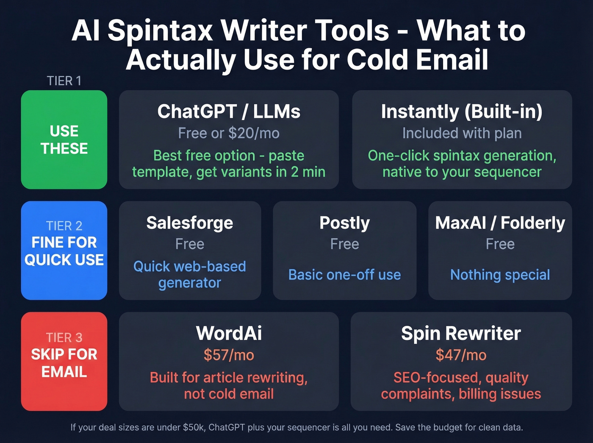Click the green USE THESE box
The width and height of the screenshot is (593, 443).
click(64, 139)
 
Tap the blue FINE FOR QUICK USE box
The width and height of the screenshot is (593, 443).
click(64, 251)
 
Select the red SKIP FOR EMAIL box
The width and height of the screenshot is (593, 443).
click(64, 362)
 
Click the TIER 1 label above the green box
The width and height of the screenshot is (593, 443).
click(64, 81)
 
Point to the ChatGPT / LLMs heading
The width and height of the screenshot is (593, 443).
click(229, 111)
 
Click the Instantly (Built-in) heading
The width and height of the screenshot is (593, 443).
click(462, 111)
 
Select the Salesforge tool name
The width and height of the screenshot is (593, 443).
click(190, 223)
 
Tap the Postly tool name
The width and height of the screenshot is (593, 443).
click(344, 223)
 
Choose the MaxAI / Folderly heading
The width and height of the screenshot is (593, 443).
click(500, 223)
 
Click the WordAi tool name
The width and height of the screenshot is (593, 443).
click(229, 333)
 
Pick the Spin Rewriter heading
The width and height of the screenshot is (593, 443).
click(461, 333)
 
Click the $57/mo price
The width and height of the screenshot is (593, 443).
click(229, 355)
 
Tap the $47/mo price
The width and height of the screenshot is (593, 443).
click(461, 355)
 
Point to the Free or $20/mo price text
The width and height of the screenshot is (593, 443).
click(229, 133)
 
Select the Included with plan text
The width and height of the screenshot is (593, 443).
click(462, 133)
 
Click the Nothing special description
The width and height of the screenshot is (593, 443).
click(500, 275)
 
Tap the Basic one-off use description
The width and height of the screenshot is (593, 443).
click(344, 275)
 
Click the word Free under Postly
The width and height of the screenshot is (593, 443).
click(344, 244)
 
